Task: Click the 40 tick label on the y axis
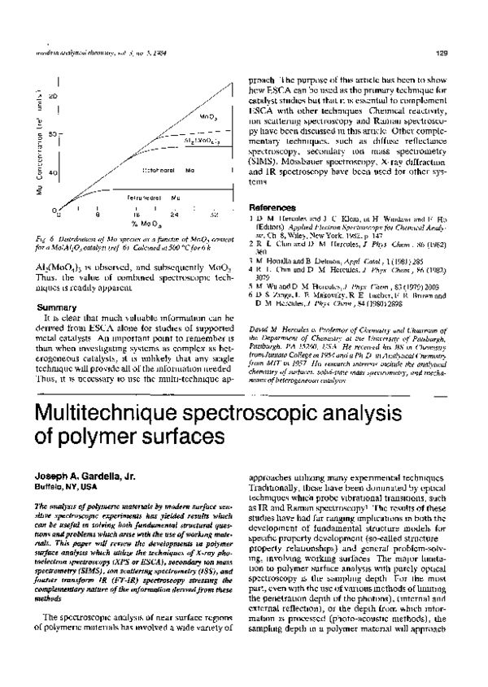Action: coord(52,173)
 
